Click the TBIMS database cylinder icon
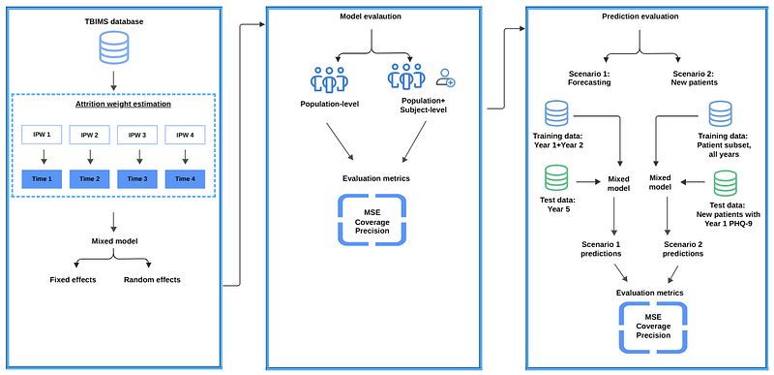click(x=113, y=48)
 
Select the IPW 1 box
click(x=42, y=135)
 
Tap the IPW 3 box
click(x=137, y=135)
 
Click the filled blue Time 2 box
click(x=90, y=178)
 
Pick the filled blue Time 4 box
click(x=185, y=178)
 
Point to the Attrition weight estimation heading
click(x=113, y=105)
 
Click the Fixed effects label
click(x=74, y=280)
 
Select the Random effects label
click(x=152, y=280)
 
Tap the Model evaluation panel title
click(x=371, y=16)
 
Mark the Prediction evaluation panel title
click(x=640, y=16)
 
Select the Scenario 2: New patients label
click(x=693, y=78)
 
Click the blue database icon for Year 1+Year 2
click(x=555, y=113)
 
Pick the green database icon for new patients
click(x=725, y=184)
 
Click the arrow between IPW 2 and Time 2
click(x=90, y=157)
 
